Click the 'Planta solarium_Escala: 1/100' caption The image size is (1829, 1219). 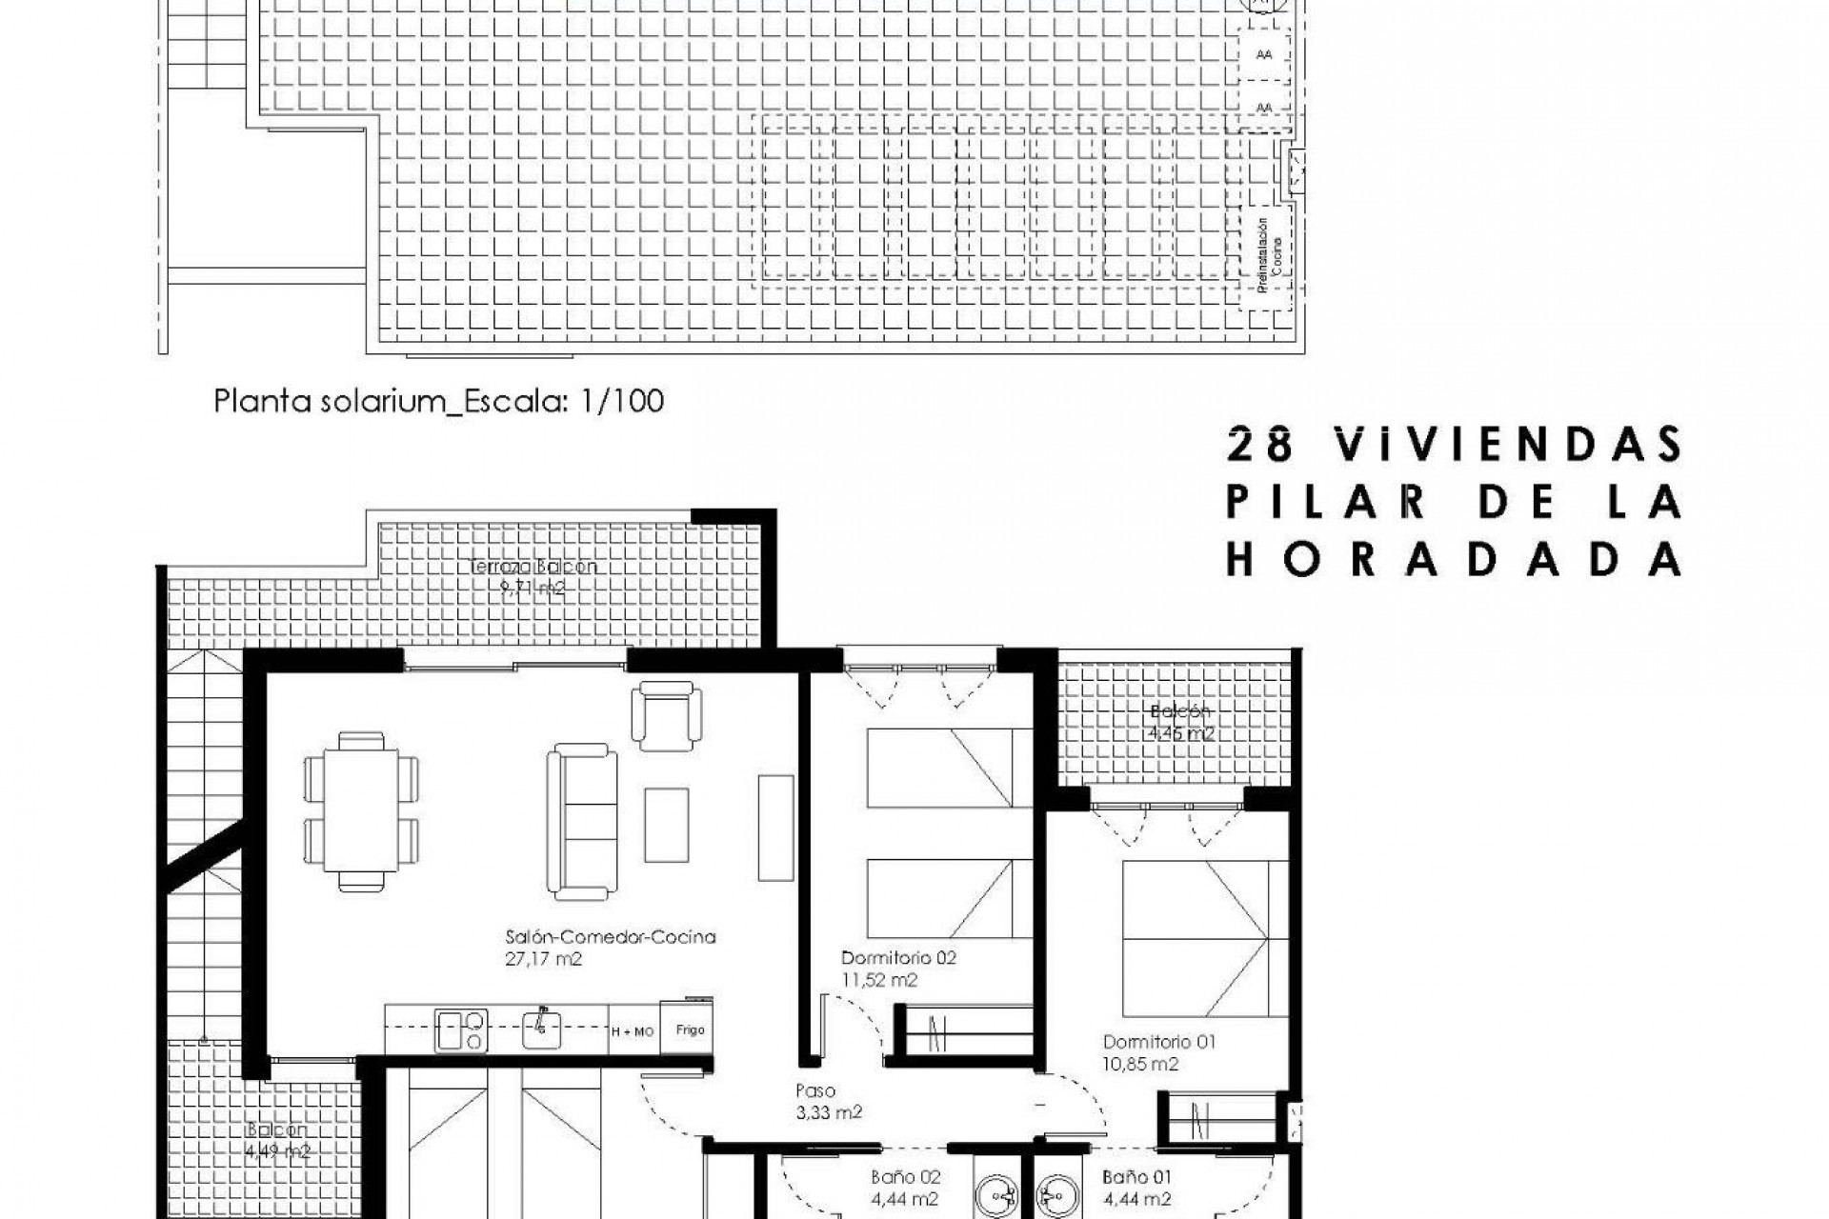click(438, 401)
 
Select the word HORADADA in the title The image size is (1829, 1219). click(1454, 560)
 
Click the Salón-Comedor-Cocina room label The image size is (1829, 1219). click(611, 937)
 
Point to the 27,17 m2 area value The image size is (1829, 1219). click(543, 959)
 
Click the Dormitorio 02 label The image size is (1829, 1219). click(898, 958)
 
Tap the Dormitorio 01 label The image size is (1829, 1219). click(1159, 1042)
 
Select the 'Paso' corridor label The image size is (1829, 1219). click(815, 1091)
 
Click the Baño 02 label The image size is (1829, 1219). click(906, 1177)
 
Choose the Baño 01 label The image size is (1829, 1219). click(1137, 1177)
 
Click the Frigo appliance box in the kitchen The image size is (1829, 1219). click(690, 1029)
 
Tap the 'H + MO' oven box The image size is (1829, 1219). click(633, 1031)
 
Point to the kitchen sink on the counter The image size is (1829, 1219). click(541, 1029)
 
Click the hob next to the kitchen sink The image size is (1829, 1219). click(461, 1030)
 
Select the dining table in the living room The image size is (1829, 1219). click(361, 809)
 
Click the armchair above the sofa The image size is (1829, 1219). click(667, 715)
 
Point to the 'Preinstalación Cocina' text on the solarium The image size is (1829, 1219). click(1269, 257)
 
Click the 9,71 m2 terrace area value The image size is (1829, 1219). click(533, 589)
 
